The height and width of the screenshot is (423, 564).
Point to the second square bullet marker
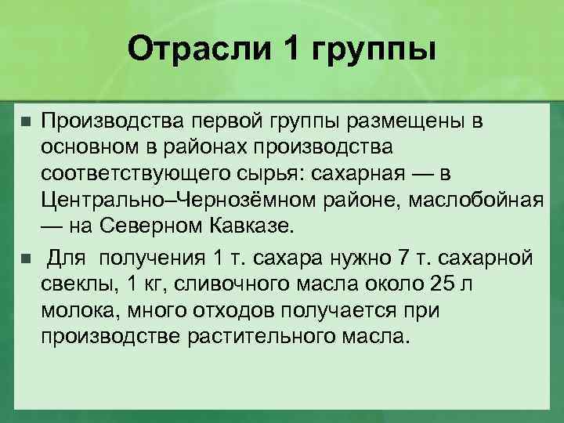(26, 258)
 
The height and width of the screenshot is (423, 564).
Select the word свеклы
(78, 283)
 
